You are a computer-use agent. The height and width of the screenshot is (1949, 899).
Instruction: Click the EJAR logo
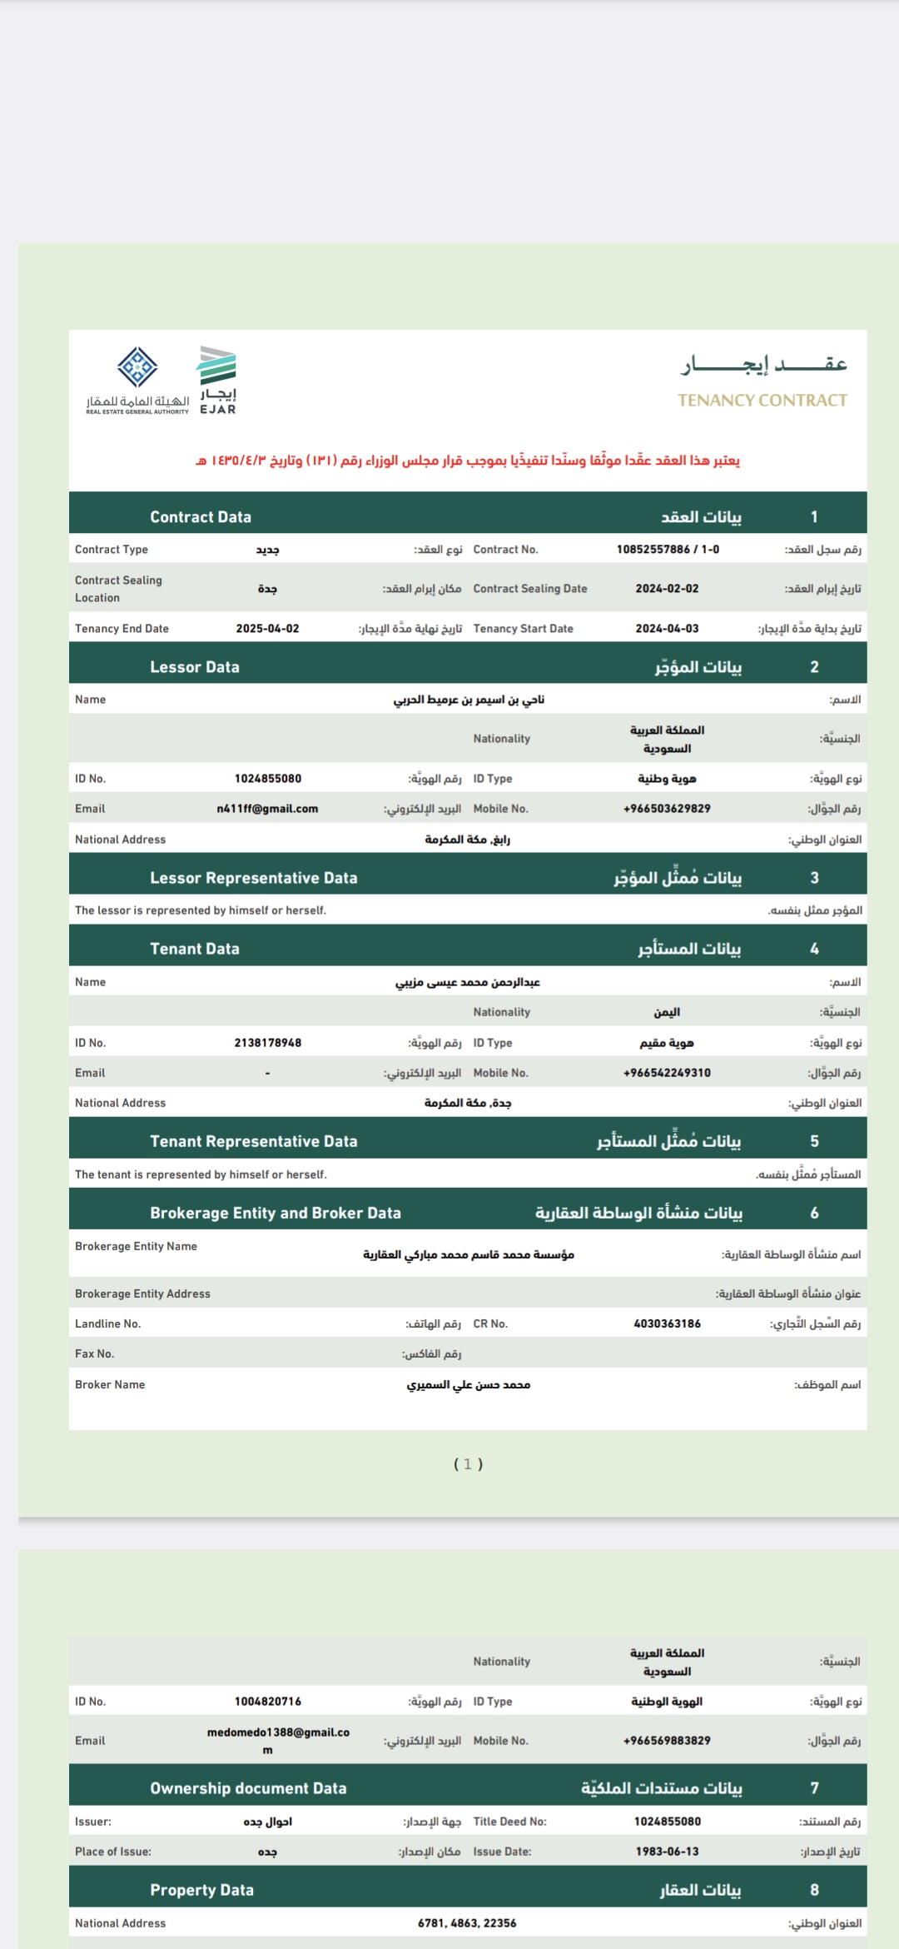click(216, 380)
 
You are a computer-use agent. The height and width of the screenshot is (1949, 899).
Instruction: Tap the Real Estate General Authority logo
click(137, 380)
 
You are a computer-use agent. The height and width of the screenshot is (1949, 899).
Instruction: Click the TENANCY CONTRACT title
click(762, 400)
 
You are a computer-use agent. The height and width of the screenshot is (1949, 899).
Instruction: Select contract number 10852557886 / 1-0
click(668, 550)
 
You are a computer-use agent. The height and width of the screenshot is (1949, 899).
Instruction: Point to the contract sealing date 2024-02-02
click(667, 589)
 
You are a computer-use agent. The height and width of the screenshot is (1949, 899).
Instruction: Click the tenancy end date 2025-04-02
click(267, 629)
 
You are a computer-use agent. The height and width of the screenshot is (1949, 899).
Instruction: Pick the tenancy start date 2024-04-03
click(667, 629)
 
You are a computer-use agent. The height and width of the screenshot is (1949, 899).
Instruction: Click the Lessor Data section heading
click(195, 667)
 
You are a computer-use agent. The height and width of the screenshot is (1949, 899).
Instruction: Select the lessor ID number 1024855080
click(268, 779)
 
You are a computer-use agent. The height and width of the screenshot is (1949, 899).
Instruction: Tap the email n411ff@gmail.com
click(267, 809)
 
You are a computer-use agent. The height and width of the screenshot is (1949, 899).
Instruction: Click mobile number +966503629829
click(667, 809)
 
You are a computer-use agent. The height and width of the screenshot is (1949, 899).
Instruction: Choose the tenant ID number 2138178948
click(268, 1043)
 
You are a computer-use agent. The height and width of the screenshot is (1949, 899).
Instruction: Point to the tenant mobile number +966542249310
click(667, 1073)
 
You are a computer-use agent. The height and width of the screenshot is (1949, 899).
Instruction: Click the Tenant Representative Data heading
click(254, 1141)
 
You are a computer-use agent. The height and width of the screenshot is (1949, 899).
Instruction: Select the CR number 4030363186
click(667, 1323)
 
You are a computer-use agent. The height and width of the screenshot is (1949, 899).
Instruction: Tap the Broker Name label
click(110, 1384)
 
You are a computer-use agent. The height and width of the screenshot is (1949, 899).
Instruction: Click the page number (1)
click(468, 1464)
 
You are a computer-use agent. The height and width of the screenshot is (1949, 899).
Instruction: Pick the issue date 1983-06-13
click(667, 1852)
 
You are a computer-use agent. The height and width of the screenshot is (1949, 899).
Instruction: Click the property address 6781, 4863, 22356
click(467, 1923)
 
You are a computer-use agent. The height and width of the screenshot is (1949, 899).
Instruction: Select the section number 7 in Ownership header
click(814, 1788)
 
